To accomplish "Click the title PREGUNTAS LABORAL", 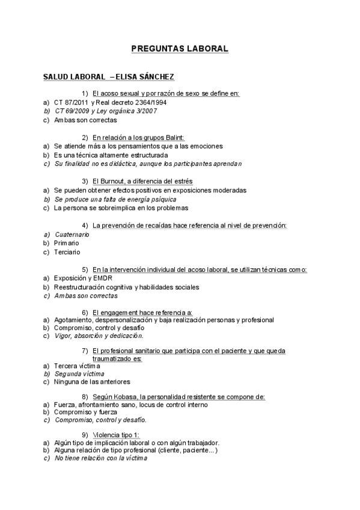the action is [180, 49].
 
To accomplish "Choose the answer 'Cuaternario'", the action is [72, 234].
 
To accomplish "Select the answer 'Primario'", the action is [67, 243].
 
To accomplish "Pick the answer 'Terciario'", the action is [67, 251].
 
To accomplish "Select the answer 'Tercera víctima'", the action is [77, 365].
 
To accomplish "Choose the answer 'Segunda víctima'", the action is [79, 373].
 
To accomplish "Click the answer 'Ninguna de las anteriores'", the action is [92, 382].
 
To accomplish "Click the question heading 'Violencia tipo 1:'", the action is [115, 435].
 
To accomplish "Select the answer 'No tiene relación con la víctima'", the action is [100, 458].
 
